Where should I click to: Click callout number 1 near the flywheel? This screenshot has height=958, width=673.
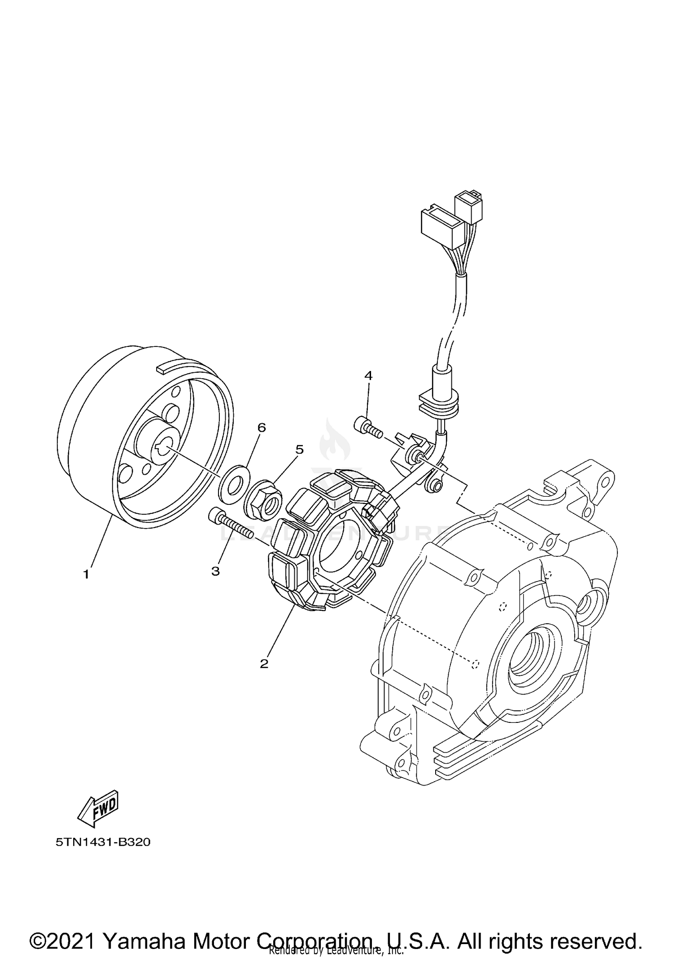(x=86, y=574)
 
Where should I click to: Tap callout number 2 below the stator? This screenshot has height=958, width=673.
(x=264, y=663)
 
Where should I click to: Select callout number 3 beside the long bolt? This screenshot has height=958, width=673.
(x=216, y=571)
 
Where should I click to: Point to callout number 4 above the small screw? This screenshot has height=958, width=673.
(x=368, y=376)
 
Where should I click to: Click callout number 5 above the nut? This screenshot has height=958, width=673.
(x=299, y=449)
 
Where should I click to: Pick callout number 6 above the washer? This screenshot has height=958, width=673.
(x=262, y=428)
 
